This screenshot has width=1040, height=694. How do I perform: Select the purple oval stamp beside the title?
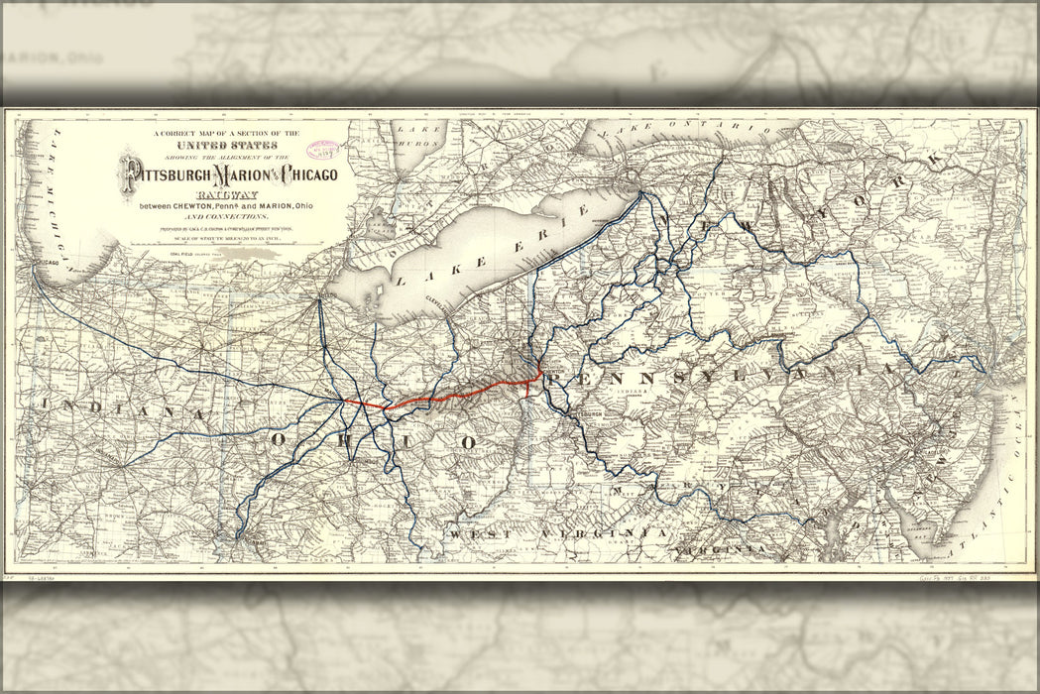[x=322, y=150]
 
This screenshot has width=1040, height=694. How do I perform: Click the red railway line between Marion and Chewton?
[x=456, y=393]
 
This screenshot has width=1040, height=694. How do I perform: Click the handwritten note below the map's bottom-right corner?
[x=953, y=575]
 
